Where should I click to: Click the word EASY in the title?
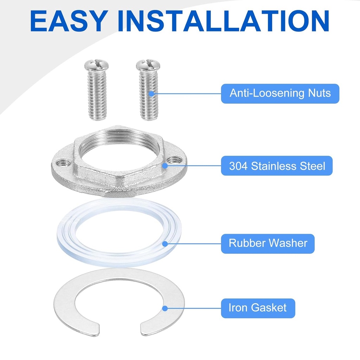(69, 21)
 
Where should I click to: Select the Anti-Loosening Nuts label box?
(280, 94)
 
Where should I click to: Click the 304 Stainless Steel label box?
(277, 166)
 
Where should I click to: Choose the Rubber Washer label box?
(268, 244)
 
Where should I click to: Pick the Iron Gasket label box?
(258, 308)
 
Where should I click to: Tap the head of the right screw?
(148, 65)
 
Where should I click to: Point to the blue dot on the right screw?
(151, 94)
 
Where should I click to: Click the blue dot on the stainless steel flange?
(165, 166)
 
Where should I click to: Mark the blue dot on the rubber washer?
(165, 244)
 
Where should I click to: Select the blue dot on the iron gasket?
(165, 308)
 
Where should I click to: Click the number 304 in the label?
(238, 166)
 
